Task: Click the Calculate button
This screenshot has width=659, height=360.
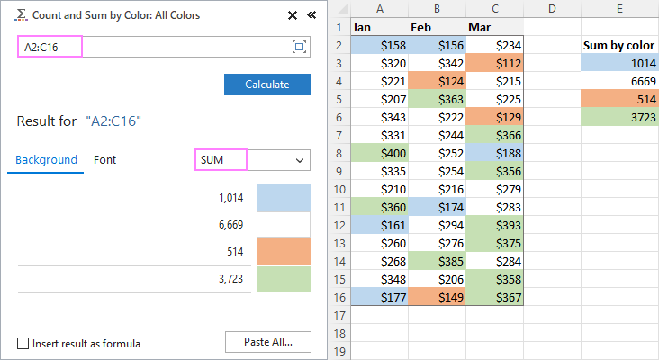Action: pyautogui.click(x=266, y=85)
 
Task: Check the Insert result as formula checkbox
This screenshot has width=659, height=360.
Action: pyautogui.click(x=23, y=343)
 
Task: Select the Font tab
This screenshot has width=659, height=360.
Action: pyautogui.click(x=105, y=160)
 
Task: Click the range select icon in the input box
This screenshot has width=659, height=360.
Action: pyautogui.click(x=299, y=47)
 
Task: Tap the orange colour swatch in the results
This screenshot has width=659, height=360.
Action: pyautogui.click(x=283, y=251)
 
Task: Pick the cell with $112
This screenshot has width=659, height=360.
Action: pyautogui.click(x=495, y=63)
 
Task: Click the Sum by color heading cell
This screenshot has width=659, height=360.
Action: pyautogui.click(x=618, y=45)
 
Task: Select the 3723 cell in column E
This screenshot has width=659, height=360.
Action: pyautogui.click(x=618, y=116)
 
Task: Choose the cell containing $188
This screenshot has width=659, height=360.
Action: pyautogui.click(x=495, y=154)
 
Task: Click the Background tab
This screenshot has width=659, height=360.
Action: pyautogui.click(x=47, y=160)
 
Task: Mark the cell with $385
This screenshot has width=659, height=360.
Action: pyautogui.click(x=438, y=262)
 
